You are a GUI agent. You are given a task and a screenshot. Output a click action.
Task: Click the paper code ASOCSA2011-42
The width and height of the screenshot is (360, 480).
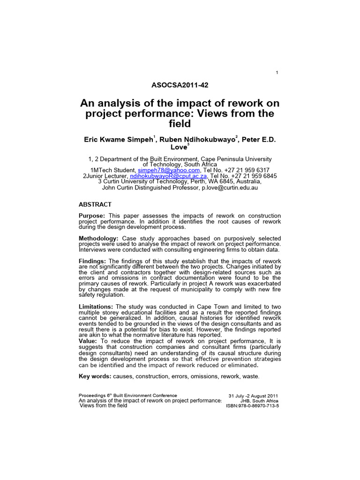click(x=180, y=85)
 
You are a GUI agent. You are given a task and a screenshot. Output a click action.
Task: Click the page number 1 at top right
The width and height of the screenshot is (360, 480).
click(x=277, y=72)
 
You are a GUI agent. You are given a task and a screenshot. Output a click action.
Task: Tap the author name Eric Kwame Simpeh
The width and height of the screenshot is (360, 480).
click(x=119, y=139)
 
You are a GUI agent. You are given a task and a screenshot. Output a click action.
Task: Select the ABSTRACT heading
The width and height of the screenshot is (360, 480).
click(x=95, y=204)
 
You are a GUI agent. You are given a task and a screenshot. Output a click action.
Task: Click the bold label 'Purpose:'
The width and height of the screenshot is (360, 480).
click(x=93, y=216)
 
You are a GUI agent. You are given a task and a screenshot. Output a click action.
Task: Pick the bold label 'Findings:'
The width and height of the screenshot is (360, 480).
click(x=93, y=261)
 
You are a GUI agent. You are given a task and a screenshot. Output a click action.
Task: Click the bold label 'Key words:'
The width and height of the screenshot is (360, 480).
click(x=95, y=376)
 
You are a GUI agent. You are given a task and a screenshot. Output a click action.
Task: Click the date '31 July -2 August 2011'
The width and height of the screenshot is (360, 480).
click(x=253, y=396)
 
